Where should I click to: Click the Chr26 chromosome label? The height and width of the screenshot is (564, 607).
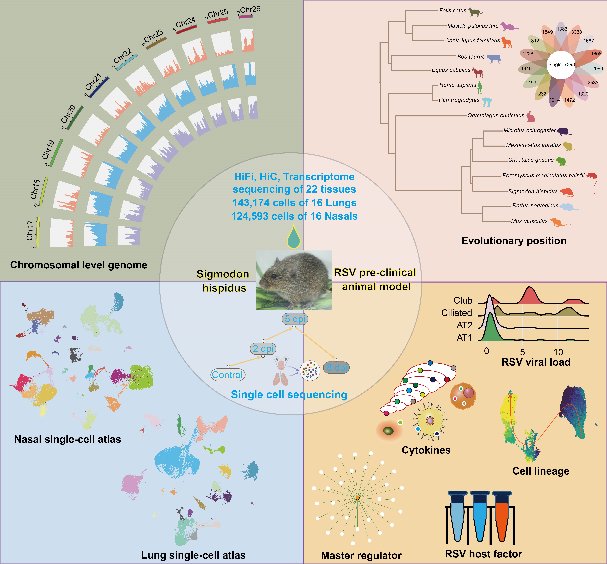(250, 9)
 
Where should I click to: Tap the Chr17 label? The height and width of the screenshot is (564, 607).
(30, 230)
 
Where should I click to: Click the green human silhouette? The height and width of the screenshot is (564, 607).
(480, 88)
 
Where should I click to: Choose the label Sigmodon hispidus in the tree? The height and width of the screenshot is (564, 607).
(533, 191)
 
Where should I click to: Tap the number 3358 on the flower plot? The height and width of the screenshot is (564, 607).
(577, 32)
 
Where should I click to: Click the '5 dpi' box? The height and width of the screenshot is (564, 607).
(295, 319)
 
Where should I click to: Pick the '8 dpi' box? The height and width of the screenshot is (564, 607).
(336, 367)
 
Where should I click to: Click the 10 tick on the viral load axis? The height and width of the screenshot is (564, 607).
(558, 352)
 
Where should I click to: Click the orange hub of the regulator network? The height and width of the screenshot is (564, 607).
(358, 498)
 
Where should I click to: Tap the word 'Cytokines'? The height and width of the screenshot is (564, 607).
(426, 450)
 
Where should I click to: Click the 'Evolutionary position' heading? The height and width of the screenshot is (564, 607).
(514, 241)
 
